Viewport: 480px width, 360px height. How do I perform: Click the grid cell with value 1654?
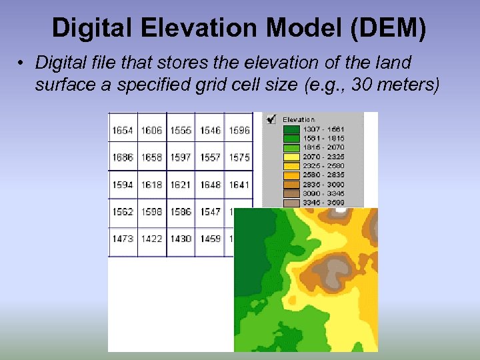(123, 131)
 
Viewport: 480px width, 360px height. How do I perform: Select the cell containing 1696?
(239, 131)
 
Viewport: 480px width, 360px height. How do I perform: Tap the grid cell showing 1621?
(180, 185)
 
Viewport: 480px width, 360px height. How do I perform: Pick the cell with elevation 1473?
(123, 239)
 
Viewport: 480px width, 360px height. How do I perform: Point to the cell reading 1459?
(209, 239)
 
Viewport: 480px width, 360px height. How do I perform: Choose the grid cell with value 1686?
(123, 157)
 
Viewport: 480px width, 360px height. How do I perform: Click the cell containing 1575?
(239, 157)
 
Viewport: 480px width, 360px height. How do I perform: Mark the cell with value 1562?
(123, 211)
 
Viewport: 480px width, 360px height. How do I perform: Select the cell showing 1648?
(209, 185)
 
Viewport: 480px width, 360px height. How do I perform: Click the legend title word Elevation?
(299, 120)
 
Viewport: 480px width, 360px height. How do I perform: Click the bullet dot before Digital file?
(22, 64)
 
